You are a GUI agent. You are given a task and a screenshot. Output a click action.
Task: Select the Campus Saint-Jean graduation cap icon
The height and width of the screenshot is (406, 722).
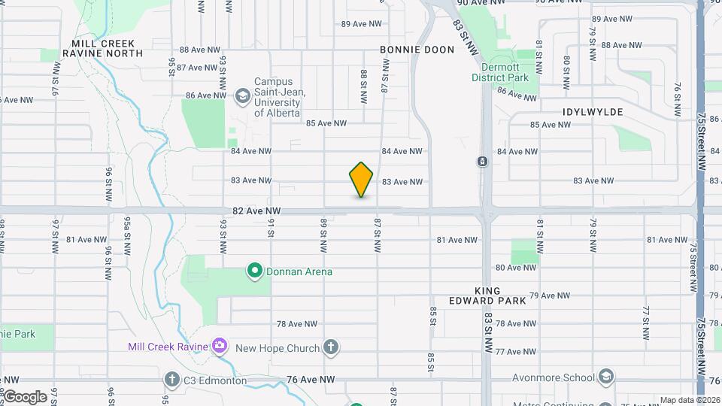242,95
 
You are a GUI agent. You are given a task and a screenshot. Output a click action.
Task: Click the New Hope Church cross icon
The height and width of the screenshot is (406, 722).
330,347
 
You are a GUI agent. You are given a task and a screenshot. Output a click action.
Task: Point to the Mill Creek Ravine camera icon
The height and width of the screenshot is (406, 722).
219,346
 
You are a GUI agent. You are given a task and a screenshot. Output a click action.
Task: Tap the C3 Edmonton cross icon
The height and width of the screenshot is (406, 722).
171,380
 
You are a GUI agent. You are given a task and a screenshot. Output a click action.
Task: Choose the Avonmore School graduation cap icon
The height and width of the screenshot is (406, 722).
606,377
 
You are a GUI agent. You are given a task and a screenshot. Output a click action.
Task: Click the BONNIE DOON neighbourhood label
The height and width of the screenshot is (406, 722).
417,50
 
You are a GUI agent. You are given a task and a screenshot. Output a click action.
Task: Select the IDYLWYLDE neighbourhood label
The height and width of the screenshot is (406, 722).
593,111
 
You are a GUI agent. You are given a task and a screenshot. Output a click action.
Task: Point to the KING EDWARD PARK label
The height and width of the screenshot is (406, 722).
500,295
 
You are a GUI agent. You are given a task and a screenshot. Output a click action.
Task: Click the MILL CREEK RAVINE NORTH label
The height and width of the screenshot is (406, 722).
102,49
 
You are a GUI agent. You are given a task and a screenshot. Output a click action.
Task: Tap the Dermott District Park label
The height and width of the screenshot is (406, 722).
500,72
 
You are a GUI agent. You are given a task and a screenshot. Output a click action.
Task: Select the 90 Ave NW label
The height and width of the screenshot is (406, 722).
478,2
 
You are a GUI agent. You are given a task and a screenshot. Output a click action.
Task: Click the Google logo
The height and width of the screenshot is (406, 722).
24,397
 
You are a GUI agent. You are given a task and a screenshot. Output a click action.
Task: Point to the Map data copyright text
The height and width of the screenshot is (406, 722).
689,400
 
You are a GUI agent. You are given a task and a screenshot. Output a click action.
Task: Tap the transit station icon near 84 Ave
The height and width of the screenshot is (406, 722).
482,161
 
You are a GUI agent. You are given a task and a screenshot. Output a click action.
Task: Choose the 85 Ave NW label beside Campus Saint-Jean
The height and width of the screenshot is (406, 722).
326,123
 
